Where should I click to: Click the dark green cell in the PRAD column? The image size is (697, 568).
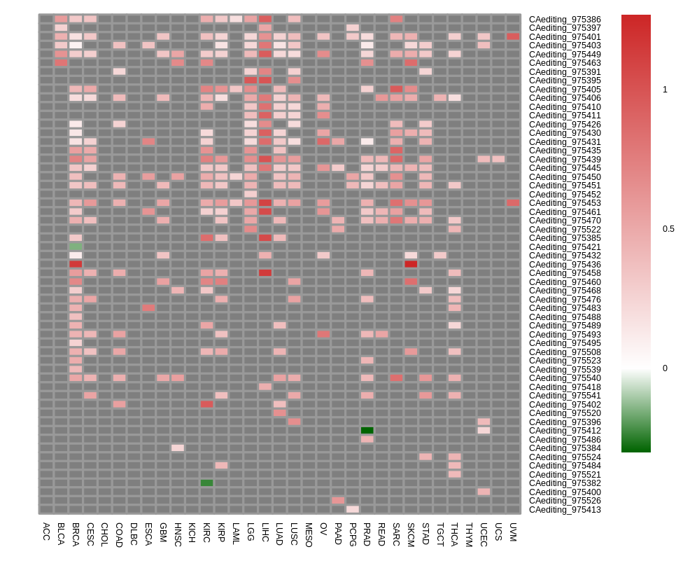367,431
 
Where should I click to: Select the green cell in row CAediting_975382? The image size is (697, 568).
206,483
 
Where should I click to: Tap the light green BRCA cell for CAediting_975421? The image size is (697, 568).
76,247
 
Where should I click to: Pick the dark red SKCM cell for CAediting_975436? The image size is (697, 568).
411,264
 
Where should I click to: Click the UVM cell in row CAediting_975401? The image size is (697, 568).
513,36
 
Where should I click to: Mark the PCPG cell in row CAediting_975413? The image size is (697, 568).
353,509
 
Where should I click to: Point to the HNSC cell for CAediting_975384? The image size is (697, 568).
178,448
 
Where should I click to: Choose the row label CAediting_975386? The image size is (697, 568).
564,20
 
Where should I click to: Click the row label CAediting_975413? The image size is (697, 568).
564,510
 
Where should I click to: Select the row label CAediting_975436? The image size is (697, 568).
564,265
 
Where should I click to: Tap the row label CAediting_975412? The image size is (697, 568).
564,431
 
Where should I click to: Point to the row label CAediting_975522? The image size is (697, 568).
564,230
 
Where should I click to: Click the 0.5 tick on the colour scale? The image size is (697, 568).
668,229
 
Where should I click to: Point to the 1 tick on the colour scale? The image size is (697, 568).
665,90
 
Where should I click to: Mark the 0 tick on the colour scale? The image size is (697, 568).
665,368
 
